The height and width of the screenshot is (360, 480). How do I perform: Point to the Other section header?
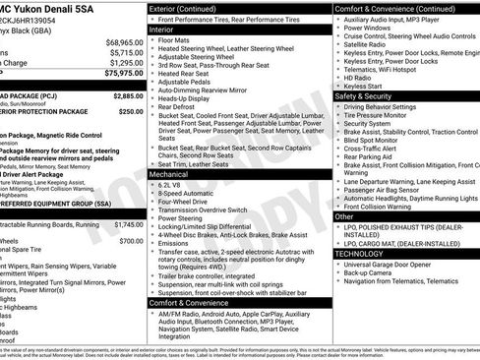pyautogui.click(x=345, y=216)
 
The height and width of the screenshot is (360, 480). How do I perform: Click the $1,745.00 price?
pyautogui.click(x=129, y=224)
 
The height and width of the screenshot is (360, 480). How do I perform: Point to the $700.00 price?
pyautogui.click(x=131, y=240)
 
